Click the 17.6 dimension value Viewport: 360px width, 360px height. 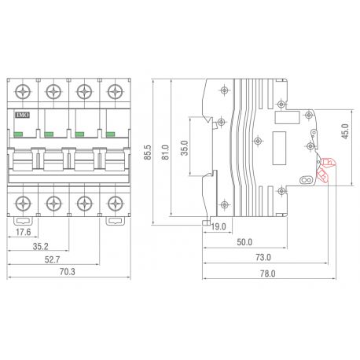[x=24, y=233]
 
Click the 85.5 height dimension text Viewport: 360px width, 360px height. [x=148, y=150]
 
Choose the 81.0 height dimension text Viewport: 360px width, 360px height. [x=165, y=150]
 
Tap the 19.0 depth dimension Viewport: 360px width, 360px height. [x=219, y=226]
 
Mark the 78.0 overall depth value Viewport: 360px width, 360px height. [x=267, y=274]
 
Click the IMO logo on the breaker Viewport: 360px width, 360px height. [x=21, y=115]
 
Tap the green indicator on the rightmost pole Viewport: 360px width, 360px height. [x=111, y=134]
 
